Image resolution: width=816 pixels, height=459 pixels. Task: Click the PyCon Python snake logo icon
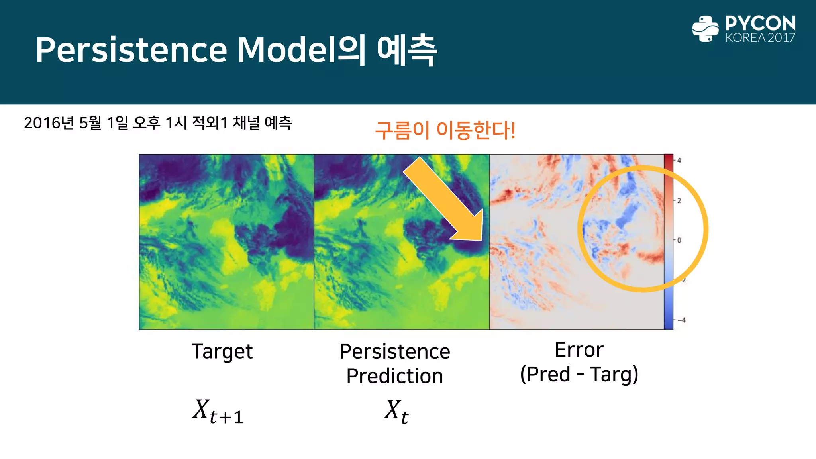pos(705,29)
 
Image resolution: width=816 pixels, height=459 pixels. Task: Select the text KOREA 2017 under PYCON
pos(760,38)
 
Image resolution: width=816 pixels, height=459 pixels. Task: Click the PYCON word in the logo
pos(760,23)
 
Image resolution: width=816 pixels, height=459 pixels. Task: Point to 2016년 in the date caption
pos(49,123)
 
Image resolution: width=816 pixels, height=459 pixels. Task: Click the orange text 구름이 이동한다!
pos(445,130)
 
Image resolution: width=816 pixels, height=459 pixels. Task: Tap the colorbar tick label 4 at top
pos(679,161)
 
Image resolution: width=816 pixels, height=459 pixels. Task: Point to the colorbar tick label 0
pos(679,240)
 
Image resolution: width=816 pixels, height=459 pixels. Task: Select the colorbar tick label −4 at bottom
pos(682,320)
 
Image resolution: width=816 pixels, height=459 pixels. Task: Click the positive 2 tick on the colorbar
pos(679,200)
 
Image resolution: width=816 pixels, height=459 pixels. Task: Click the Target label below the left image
pos(222,351)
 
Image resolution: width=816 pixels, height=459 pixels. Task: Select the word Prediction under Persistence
pos(394,376)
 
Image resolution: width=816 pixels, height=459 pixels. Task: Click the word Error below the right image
pos(579,350)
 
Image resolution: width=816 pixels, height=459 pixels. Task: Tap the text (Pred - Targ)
pos(579,374)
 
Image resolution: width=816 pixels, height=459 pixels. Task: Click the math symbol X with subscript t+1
pos(218,411)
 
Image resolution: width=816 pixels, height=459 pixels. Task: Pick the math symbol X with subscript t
pos(396,411)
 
